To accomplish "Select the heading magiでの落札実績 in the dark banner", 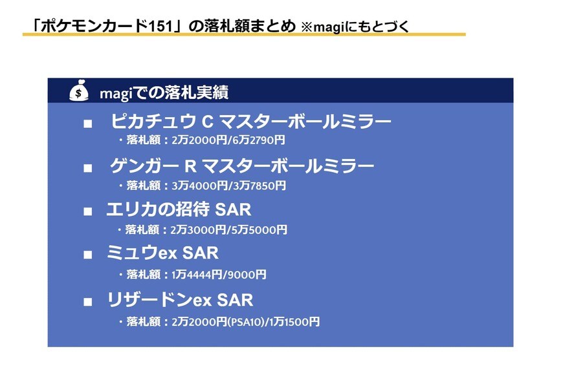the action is pos(164,92).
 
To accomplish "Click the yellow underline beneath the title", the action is pos(244,34).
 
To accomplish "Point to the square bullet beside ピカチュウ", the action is pos(87,123).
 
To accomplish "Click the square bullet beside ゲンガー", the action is pos(87,168).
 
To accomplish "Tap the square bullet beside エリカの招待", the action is pos(87,211).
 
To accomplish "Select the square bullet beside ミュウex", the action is pos(87,255).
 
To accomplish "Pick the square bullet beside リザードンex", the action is pos(87,302).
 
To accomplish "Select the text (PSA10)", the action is pos(246,322).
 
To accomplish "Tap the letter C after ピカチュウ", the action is pos(208,122).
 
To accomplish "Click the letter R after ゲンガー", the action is pos(190,166).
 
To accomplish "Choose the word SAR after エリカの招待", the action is pos(233,209).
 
